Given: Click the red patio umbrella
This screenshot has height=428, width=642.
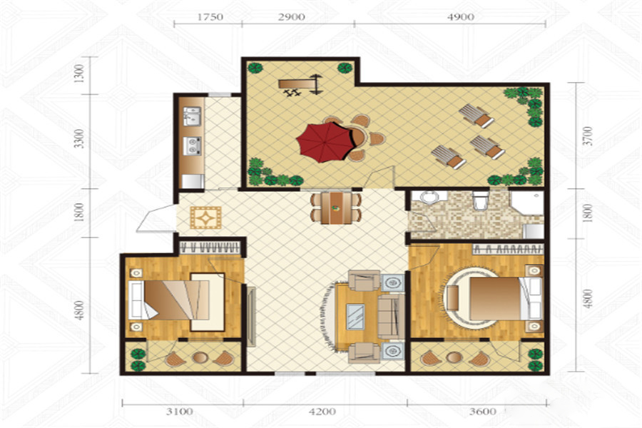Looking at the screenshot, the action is tap(325, 142).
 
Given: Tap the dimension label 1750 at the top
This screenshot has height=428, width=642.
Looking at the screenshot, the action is tap(210, 17).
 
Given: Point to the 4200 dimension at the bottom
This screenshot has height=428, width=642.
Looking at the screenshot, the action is tap(322, 411).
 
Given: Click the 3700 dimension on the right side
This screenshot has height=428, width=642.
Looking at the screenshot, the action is tap(588, 136).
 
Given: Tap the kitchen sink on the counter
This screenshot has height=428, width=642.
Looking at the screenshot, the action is tap(192, 116).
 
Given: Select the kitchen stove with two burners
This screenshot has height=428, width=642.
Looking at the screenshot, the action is tap(192, 146).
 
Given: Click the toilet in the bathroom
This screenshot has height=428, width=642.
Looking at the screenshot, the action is tap(480, 200).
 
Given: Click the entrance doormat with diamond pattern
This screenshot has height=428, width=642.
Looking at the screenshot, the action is tap(205, 218).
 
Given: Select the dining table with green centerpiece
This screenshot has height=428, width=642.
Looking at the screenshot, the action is tap(336, 208).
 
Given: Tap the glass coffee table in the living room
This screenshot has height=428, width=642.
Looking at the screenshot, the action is tap(355, 317).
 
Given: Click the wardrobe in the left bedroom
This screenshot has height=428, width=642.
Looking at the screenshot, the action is tap(209, 248).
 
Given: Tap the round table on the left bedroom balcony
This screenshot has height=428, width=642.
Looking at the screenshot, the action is tap(200, 357).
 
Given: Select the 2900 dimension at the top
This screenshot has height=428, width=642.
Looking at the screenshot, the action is tap(292, 17).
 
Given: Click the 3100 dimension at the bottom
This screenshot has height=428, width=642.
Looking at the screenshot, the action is tap(179, 411).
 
